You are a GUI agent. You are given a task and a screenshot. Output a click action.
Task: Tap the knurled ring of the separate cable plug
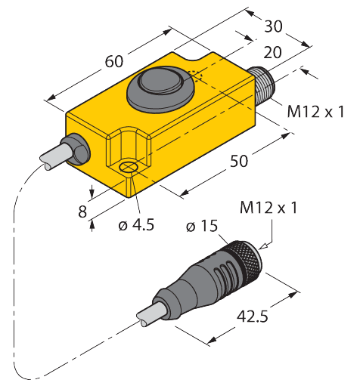click(x=247, y=258)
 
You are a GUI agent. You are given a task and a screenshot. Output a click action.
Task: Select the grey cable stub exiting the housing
click(x=54, y=156)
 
